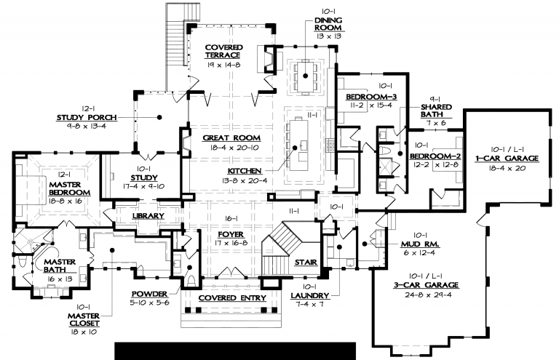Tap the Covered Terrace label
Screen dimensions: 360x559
(223, 52)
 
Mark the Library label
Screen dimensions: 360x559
(149, 216)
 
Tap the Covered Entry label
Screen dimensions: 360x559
(233, 298)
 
